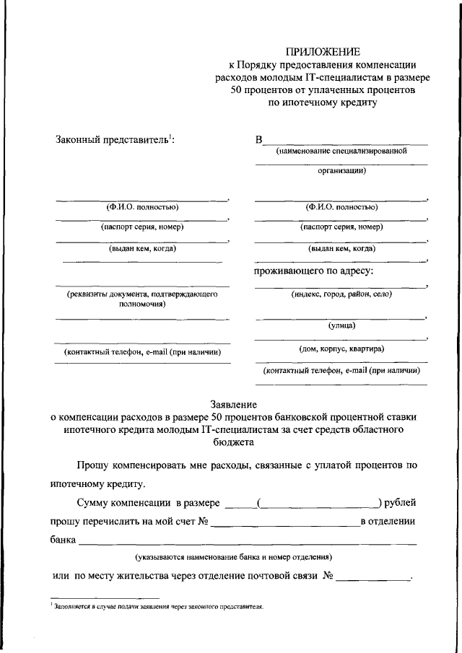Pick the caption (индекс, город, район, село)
(341, 295)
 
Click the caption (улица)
(342, 326)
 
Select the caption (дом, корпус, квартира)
(341, 349)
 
